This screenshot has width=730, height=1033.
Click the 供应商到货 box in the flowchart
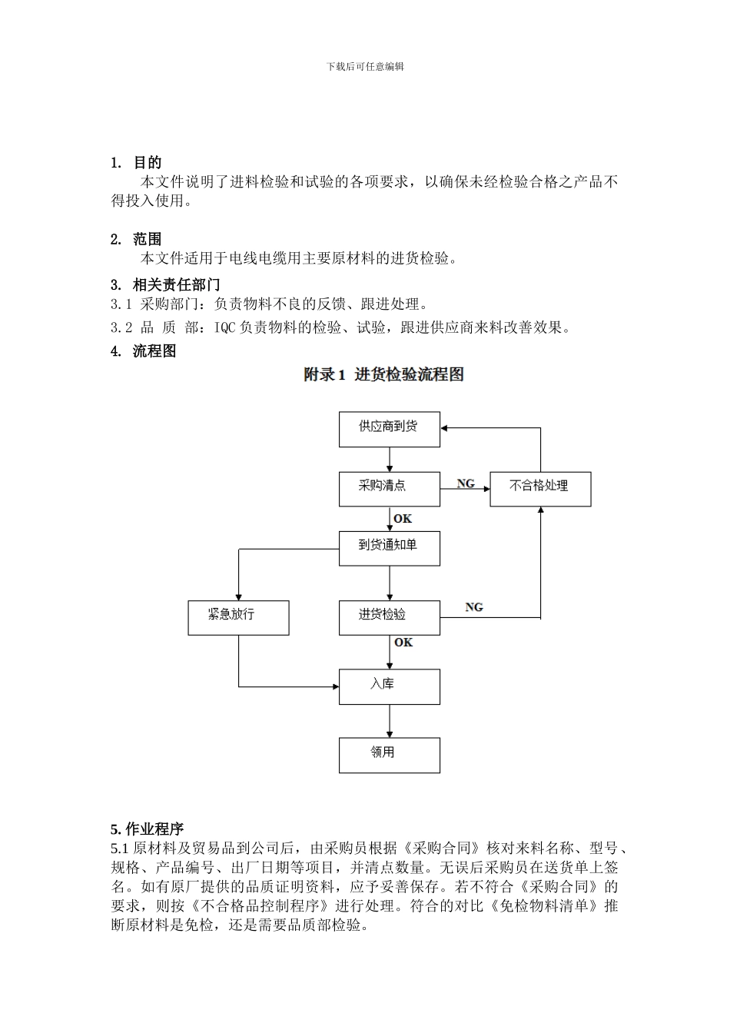[x=389, y=429]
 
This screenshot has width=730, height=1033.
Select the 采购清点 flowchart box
[x=389, y=489]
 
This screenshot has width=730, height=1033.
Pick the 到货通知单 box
[x=389, y=548]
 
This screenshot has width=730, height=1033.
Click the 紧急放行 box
[x=238, y=617]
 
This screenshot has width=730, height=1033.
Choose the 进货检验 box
[x=389, y=617]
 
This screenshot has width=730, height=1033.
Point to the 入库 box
[x=389, y=686]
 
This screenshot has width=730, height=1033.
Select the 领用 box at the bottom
[x=389, y=755]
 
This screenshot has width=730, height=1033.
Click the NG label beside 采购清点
[x=466, y=483]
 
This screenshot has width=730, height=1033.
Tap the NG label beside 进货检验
[x=474, y=607]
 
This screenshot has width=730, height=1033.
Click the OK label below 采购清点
[x=403, y=519]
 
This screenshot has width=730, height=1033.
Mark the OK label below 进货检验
[x=403, y=643]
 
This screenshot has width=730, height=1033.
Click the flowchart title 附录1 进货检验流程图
[x=383, y=375]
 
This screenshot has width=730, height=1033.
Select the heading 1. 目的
[x=136, y=163]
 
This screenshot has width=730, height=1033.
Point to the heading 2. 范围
[x=136, y=240]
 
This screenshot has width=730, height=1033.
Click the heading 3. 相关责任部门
[x=165, y=285]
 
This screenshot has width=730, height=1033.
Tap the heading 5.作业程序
[x=147, y=829]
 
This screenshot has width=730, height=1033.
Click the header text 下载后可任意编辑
[x=365, y=67]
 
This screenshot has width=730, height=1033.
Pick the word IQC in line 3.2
[x=225, y=328]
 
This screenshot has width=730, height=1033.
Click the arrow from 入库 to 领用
[x=390, y=721]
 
